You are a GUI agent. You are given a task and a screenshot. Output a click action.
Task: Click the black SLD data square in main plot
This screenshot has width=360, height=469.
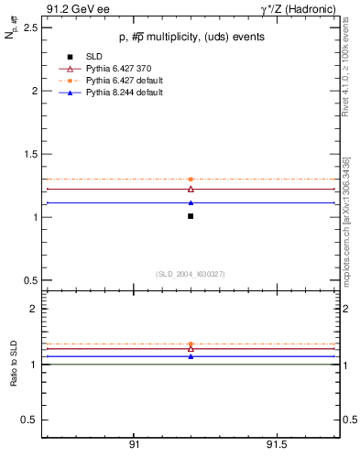pyautogui.click(x=191, y=216)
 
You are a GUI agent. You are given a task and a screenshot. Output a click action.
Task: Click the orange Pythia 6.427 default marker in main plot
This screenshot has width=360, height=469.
pyautogui.click(x=191, y=180)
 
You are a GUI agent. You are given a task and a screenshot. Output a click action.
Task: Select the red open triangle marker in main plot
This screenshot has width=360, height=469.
pyautogui.click(x=191, y=189)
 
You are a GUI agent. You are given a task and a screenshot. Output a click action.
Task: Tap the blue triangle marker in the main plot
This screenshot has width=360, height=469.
pyautogui.click(x=191, y=202)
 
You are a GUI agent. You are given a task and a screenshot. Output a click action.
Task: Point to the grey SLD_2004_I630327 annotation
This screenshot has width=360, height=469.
pyautogui.click(x=190, y=274)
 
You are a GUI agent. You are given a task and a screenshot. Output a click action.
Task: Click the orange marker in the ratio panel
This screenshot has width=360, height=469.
pyautogui.click(x=191, y=344)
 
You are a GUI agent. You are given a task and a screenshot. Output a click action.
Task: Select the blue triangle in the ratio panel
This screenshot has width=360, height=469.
pyautogui.click(x=191, y=356)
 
